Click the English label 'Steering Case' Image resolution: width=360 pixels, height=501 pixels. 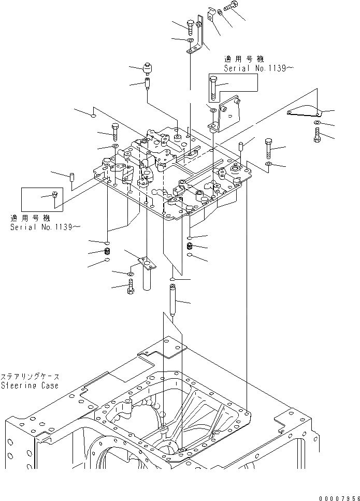coord(30,385)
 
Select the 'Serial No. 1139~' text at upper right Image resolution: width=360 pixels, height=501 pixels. coord(254,68)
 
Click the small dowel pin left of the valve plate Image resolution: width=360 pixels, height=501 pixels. coord(73,178)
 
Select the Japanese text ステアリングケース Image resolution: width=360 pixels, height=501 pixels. coord(30,377)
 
